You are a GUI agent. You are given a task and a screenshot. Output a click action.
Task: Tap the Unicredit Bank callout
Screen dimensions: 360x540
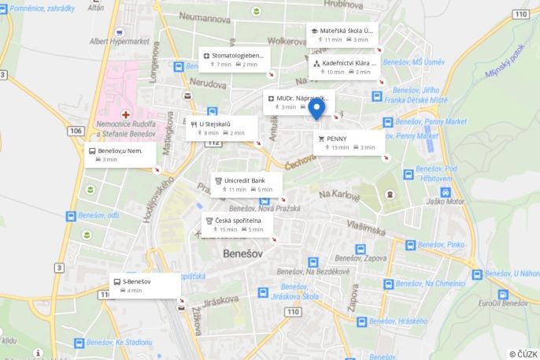pyautogui.click(x=245, y=184)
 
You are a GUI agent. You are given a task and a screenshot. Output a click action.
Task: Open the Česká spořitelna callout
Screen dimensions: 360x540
pyautogui.click(x=236, y=225)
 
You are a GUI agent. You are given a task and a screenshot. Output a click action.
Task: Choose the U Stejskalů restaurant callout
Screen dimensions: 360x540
pyautogui.click(x=220, y=128)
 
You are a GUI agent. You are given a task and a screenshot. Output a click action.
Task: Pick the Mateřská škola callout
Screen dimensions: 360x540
pyautogui.click(x=342, y=35)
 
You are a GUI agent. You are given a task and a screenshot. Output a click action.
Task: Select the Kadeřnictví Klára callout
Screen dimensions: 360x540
pyautogui.click(x=345, y=67)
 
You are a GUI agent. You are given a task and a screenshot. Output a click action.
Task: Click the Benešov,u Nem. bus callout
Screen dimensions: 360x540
pyautogui.click(x=119, y=154)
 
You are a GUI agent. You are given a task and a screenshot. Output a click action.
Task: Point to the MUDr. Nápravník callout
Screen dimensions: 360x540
pyautogui.click(x=298, y=102)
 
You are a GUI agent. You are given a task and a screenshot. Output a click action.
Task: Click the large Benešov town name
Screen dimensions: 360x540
pyautogui.click(x=246, y=254)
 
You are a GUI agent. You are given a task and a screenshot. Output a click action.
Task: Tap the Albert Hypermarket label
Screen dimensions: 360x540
pyautogui.click(x=119, y=41)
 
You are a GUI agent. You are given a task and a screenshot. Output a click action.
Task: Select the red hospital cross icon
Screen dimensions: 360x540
pyautogui.click(x=125, y=115)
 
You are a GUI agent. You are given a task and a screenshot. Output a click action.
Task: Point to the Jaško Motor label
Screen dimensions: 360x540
pyautogui.click(x=446, y=201)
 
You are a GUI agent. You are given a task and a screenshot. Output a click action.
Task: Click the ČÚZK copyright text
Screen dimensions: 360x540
pyautogui.click(x=523, y=354)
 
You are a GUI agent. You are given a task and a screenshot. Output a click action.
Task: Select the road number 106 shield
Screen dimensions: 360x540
pyautogui.click(x=76, y=130)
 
